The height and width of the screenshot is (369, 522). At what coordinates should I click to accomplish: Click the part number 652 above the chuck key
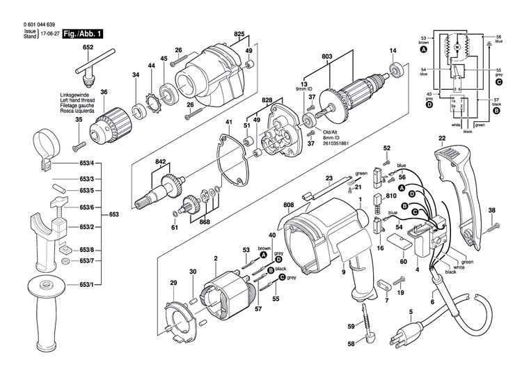pos(88,47)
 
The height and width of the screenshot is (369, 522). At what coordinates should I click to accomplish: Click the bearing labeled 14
pos(399,69)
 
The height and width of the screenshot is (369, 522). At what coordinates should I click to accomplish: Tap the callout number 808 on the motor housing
pos(289,205)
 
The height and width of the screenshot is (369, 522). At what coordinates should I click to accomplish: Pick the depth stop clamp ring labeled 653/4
pos(49,149)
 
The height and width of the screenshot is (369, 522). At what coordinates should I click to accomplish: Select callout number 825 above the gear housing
pos(239,34)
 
